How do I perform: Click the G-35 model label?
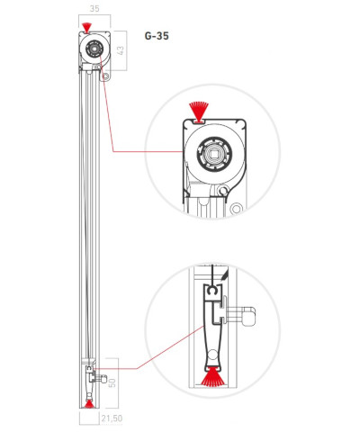coord(157,36)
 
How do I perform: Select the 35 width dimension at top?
coord(94,9)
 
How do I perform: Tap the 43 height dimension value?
coord(121,49)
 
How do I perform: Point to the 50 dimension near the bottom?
coord(112,382)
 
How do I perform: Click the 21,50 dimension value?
coord(112,418)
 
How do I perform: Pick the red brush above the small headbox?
coord(86,28)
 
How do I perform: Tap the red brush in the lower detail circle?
coord(213,376)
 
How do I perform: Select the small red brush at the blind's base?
coord(89,404)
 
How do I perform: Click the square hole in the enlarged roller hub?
coord(214,155)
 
